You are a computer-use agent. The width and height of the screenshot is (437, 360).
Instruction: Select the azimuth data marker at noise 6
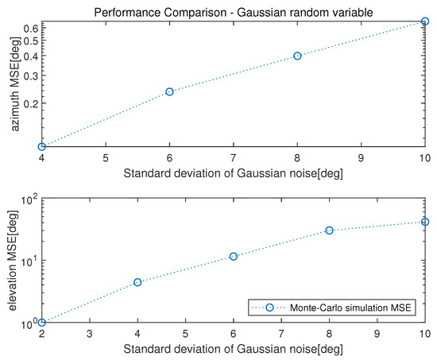click(169, 91)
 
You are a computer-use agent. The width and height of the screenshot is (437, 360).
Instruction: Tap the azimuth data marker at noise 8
click(297, 56)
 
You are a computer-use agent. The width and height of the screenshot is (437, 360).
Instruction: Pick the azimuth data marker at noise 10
click(425, 22)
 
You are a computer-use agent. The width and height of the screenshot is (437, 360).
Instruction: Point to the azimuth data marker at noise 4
click(41, 146)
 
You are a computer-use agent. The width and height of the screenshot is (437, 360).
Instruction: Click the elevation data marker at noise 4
click(137, 282)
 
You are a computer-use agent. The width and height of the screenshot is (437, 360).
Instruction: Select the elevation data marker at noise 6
click(234, 256)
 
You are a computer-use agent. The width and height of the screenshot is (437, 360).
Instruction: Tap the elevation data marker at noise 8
click(329, 230)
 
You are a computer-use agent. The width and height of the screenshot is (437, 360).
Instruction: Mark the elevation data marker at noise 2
click(41, 322)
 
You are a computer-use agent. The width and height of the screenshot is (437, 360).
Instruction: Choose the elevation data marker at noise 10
click(425, 222)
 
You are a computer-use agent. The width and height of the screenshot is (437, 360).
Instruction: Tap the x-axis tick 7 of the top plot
click(233, 158)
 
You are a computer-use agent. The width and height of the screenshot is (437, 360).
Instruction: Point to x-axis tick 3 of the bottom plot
click(90, 334)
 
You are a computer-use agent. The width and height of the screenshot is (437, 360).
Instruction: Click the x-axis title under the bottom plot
click(233, 349)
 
